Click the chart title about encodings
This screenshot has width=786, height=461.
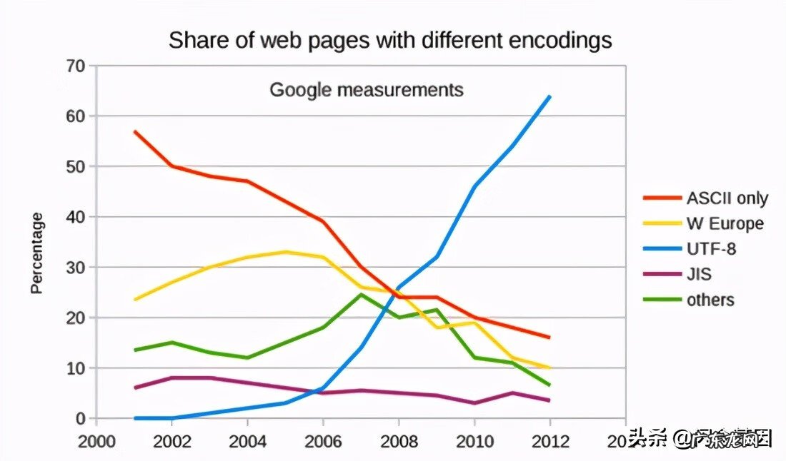click(x=390, y=40)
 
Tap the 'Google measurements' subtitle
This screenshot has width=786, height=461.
click(x=366, y=90)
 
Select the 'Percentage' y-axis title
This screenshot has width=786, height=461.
click(x=37, y=253)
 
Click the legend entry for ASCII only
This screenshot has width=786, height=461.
click(x=727, y=198)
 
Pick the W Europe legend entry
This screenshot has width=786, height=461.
click(x=725, y=223)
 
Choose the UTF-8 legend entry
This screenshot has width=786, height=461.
click(x=711, y=249)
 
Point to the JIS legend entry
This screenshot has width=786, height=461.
click(x=699, y=274)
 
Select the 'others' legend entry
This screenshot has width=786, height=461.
click(x=710, y=300)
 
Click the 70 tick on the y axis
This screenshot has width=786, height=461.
click(x=76, y=66)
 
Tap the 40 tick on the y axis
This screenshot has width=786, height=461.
click(x=76, y=217)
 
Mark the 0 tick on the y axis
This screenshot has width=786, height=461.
click(x=81, y=419)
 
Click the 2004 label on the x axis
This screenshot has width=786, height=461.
click(x=247, y=440)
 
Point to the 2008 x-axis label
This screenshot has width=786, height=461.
click(x=398, y=440)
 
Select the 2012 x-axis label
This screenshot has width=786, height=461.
click(x=549, y=440)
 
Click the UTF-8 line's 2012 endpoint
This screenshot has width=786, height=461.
click(x=549, y=96)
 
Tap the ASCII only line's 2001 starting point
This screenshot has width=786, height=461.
click(x=134, y=131)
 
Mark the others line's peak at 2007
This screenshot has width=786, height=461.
click(x=361, y=294)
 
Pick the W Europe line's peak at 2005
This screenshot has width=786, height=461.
click(x=285, y=252)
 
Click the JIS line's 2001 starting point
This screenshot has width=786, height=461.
click(x=134, y=387)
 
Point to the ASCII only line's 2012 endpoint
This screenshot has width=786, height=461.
click(x=549, y=338)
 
